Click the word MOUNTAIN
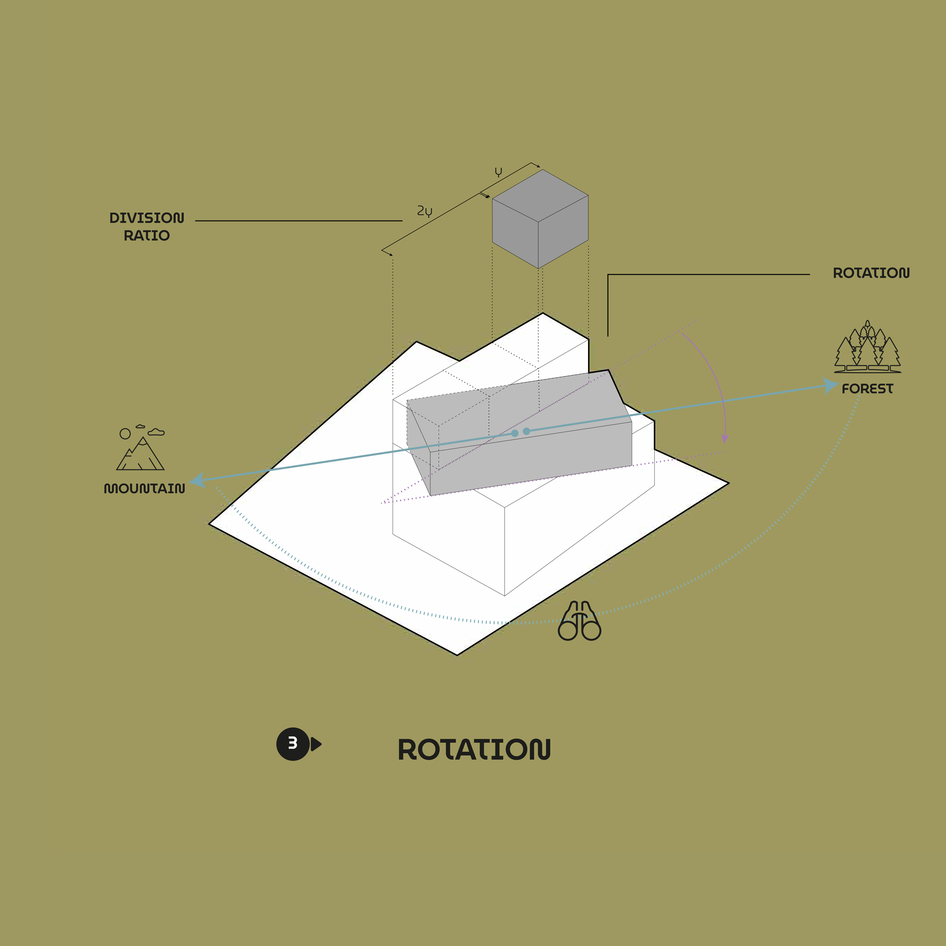point(145,489)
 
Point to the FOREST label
point(868,389)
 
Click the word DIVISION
point(147,218)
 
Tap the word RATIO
point(147,235)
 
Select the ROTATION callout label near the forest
point(871,273)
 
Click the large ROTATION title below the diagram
point(474,750)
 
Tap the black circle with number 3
point(293,744)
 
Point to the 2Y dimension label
point(425,211)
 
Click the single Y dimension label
point(499,172)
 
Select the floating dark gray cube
point(540,219)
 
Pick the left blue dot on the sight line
point(515,433)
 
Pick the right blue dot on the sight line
point(526,431)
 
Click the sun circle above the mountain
point(125,433)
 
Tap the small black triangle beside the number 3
point(316,744)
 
